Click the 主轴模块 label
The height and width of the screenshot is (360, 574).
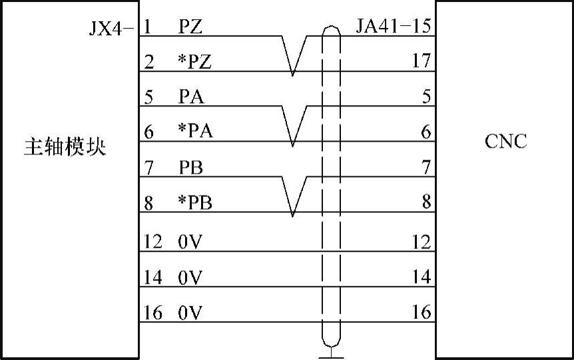(65, 146)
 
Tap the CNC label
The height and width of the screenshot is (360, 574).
(506, 141)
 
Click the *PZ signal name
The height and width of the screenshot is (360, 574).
(194, 62)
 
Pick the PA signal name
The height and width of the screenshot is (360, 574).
(191, 97)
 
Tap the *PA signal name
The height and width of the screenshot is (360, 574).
(195, 132)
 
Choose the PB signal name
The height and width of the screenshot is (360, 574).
(191, 167)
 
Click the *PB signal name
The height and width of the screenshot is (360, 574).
(195, 202)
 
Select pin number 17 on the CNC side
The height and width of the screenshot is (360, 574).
(422, 62)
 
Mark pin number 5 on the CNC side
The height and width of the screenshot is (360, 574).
(426, 97)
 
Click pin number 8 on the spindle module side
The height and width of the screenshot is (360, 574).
(148, 202)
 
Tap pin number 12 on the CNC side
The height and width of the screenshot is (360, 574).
(422, 242)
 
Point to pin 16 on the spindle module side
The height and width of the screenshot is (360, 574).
(152, 313)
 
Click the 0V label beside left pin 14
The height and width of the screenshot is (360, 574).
(190, 277)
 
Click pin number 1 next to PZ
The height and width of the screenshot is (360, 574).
(147, 27)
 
